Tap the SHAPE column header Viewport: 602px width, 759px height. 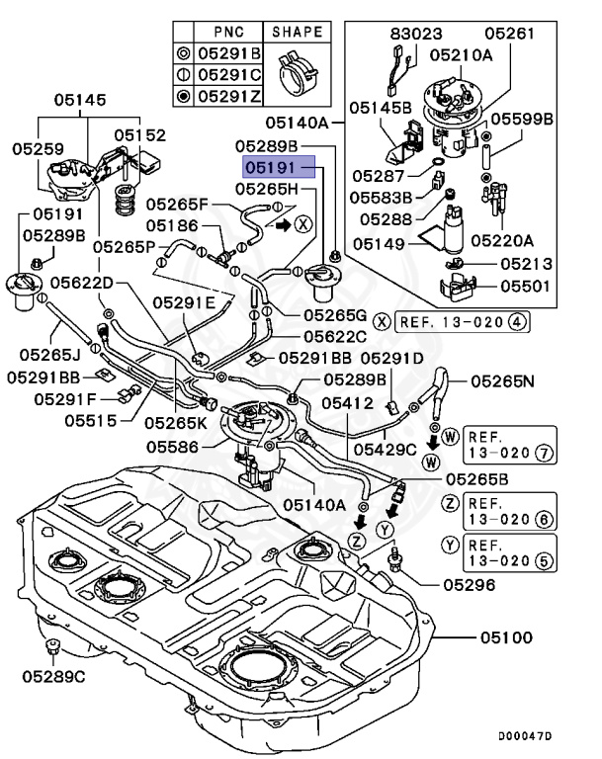coord(298,32)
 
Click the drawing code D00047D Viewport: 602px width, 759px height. coord(525,736)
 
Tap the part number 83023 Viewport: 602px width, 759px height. coord(409,32)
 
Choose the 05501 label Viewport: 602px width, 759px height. coord(526,287)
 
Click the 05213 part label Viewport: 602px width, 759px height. coord(526,264)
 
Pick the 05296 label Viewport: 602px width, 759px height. coord(469,584)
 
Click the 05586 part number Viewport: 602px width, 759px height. coord(176,448)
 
